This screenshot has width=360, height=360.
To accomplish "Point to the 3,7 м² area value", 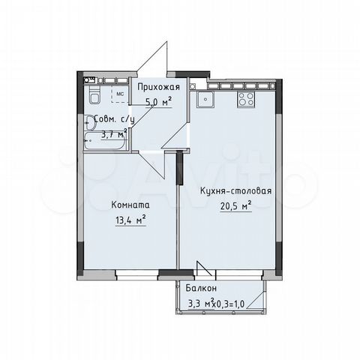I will [113, 135].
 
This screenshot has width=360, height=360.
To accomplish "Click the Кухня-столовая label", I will [235, 190].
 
